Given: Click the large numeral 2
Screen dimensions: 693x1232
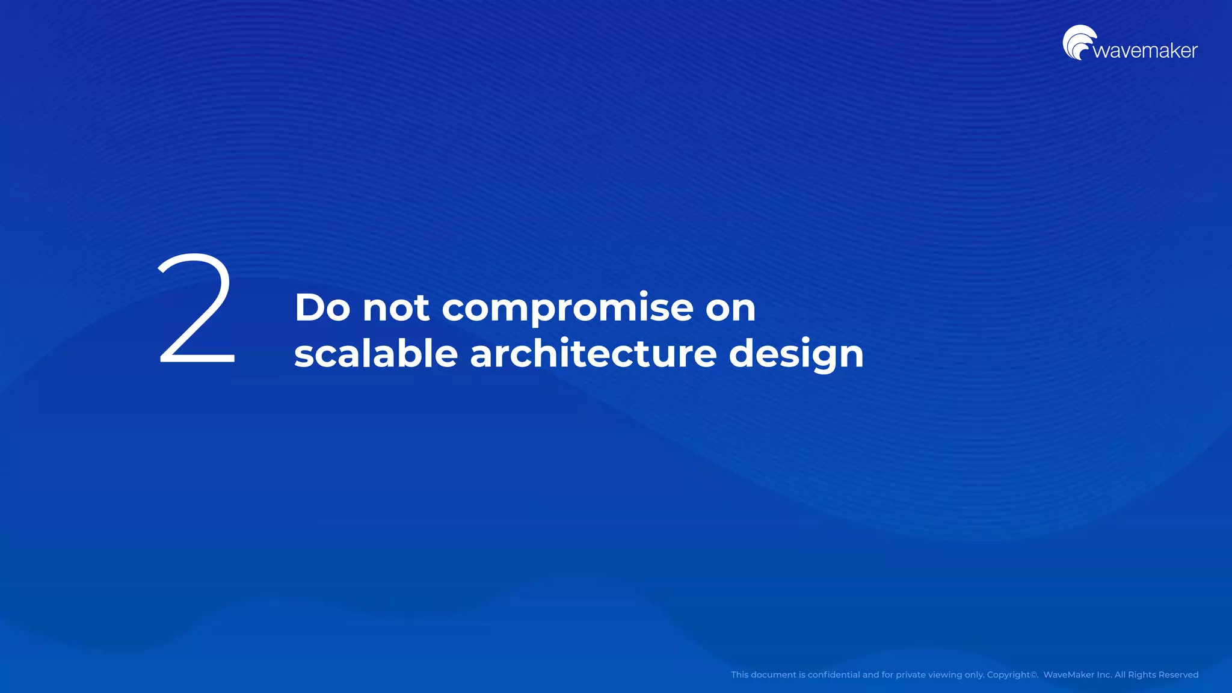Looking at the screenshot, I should (x=197, y=309).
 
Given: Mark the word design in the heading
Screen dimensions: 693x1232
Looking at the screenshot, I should (x=796, y=355).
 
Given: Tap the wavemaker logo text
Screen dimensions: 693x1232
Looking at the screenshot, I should (x=1145, y=51).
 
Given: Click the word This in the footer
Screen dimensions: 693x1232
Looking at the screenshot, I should (x=739, y=675).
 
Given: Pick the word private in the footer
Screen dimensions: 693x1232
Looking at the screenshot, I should (x=911, y=675).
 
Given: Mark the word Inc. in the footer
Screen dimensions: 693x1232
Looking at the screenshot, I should (x=1104, y=675).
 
